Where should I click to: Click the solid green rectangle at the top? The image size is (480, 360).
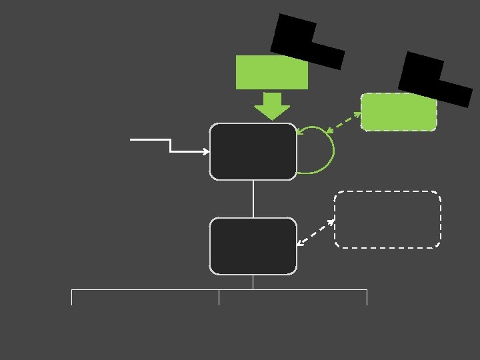271,73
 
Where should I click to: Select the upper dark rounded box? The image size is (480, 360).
253,151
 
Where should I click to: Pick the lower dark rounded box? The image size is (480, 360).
253,246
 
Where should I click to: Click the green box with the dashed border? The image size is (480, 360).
399,112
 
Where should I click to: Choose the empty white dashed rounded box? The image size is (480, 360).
387,219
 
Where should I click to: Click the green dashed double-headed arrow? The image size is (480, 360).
343,122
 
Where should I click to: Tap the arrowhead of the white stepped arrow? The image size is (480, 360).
206,152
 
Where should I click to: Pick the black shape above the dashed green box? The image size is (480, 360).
433,79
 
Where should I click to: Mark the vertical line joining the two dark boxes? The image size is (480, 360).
253,199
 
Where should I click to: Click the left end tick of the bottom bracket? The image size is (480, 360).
72,297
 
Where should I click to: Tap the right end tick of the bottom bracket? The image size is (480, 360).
367,297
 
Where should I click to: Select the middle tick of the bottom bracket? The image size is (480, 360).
219,297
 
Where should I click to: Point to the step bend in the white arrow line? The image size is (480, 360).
171,146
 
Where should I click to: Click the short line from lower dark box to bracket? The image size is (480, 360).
253,282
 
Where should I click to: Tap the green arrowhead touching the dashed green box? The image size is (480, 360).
357,114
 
